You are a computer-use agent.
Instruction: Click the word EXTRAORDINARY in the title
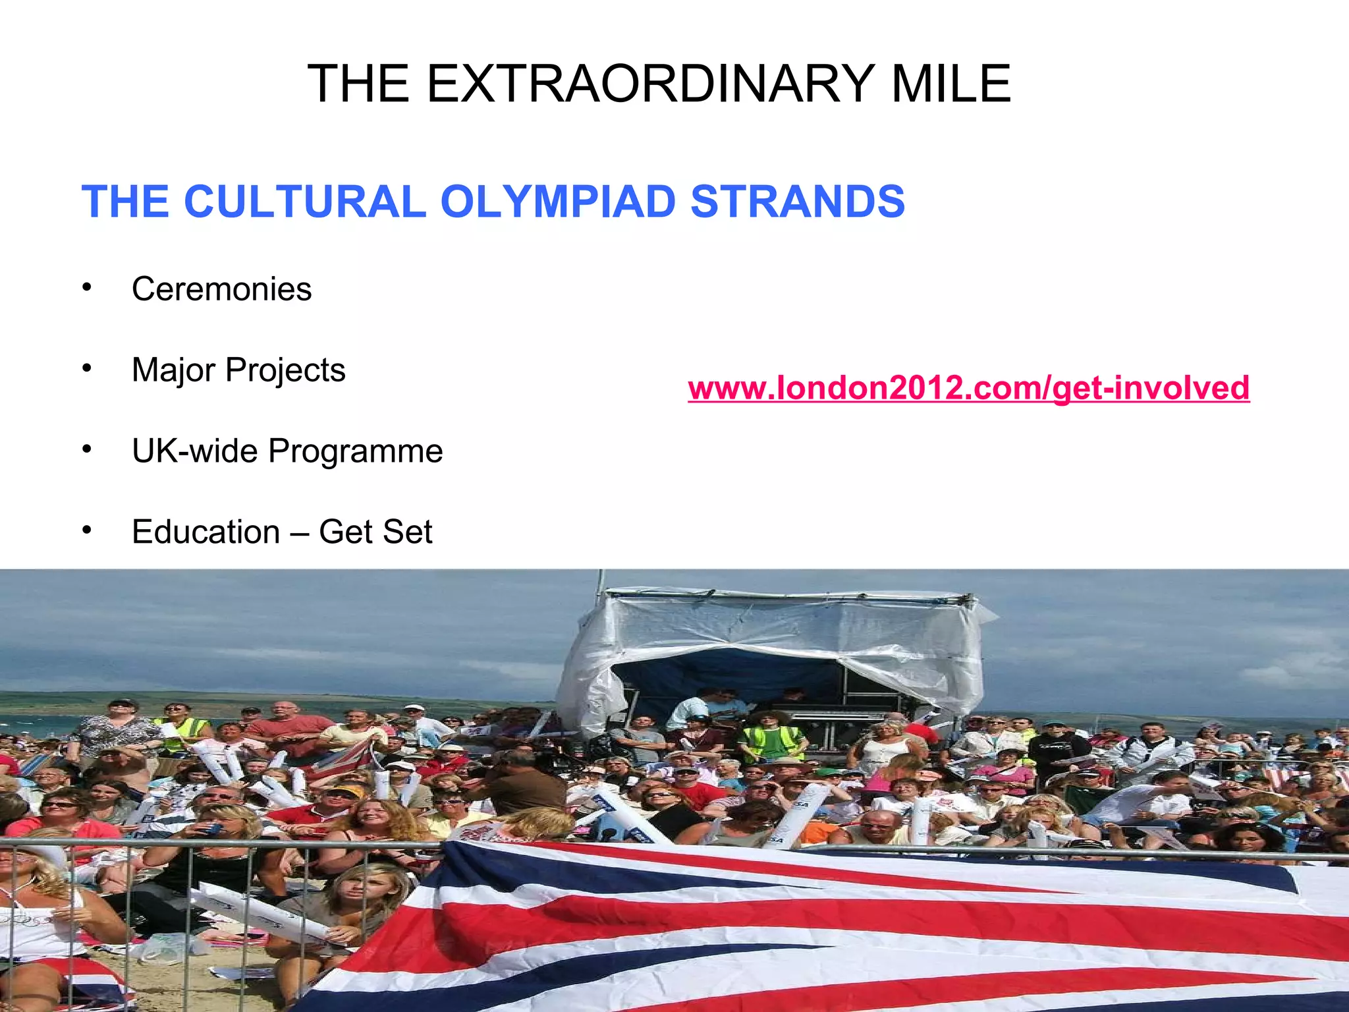tap(649, 84)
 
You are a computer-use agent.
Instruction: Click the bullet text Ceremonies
tap(221, 289)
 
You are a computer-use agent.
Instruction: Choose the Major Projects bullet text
tap(238, 370)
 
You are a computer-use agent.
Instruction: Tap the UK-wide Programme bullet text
tap(287, 451)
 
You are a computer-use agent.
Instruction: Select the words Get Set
tap(375, 532)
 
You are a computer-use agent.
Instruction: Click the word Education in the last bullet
tap(206, 532)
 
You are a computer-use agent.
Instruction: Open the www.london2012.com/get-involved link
tap(968, 387)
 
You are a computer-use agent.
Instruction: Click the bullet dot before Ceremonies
tap(86, 287)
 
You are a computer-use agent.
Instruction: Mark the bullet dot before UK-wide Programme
tap(86, 449)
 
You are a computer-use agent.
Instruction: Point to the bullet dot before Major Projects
tap(86, 368)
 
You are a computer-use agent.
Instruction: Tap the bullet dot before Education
tap(86, 530)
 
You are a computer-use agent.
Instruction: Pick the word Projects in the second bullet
tap(285, 370)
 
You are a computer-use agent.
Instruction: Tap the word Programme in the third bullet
tap(355, 451)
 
